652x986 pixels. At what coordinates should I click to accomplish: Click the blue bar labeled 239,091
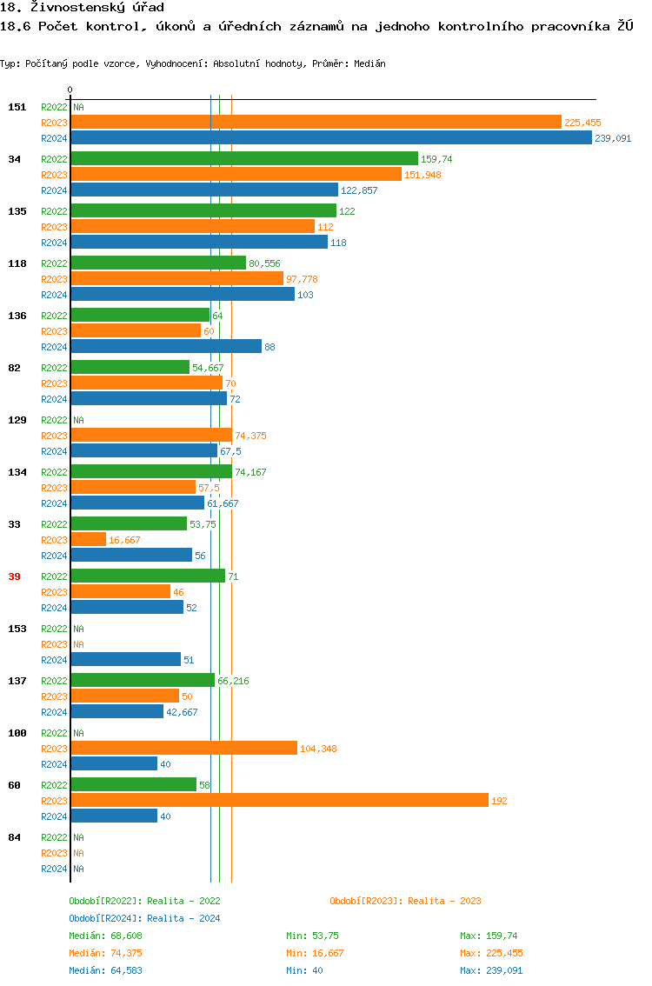click(x=330, y=138)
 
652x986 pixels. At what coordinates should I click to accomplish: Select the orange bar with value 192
click(x=279, y=801)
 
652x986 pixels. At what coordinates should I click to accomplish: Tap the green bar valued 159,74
click(x=244, y=159)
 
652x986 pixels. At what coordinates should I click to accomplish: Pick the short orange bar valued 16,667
click(x=89, y=540)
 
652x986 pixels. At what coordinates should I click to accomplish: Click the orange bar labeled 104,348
click(x=183, y=749)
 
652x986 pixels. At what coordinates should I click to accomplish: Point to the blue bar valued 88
click(x=166, y=347)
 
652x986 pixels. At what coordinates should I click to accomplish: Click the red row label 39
click(x=15, y=576)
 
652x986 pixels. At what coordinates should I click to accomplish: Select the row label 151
click(x=17, y=107)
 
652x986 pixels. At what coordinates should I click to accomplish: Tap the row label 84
click(x=15, y=837)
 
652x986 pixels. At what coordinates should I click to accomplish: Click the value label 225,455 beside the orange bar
click(x=582, y=123)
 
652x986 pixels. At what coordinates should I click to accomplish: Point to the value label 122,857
click(x=359, y=190)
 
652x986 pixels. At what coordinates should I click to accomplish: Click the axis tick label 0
click(x=70, y=90)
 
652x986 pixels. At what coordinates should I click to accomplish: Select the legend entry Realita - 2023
click(x=405, y=902)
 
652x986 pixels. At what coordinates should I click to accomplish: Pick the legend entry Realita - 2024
click(x=144, y=919)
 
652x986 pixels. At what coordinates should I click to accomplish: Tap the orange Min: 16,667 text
click(x=317, y=954)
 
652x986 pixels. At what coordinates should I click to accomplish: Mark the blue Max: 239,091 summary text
click(x=491, y=970)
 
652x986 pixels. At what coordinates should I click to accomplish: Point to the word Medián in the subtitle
click(x=370, y=64)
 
